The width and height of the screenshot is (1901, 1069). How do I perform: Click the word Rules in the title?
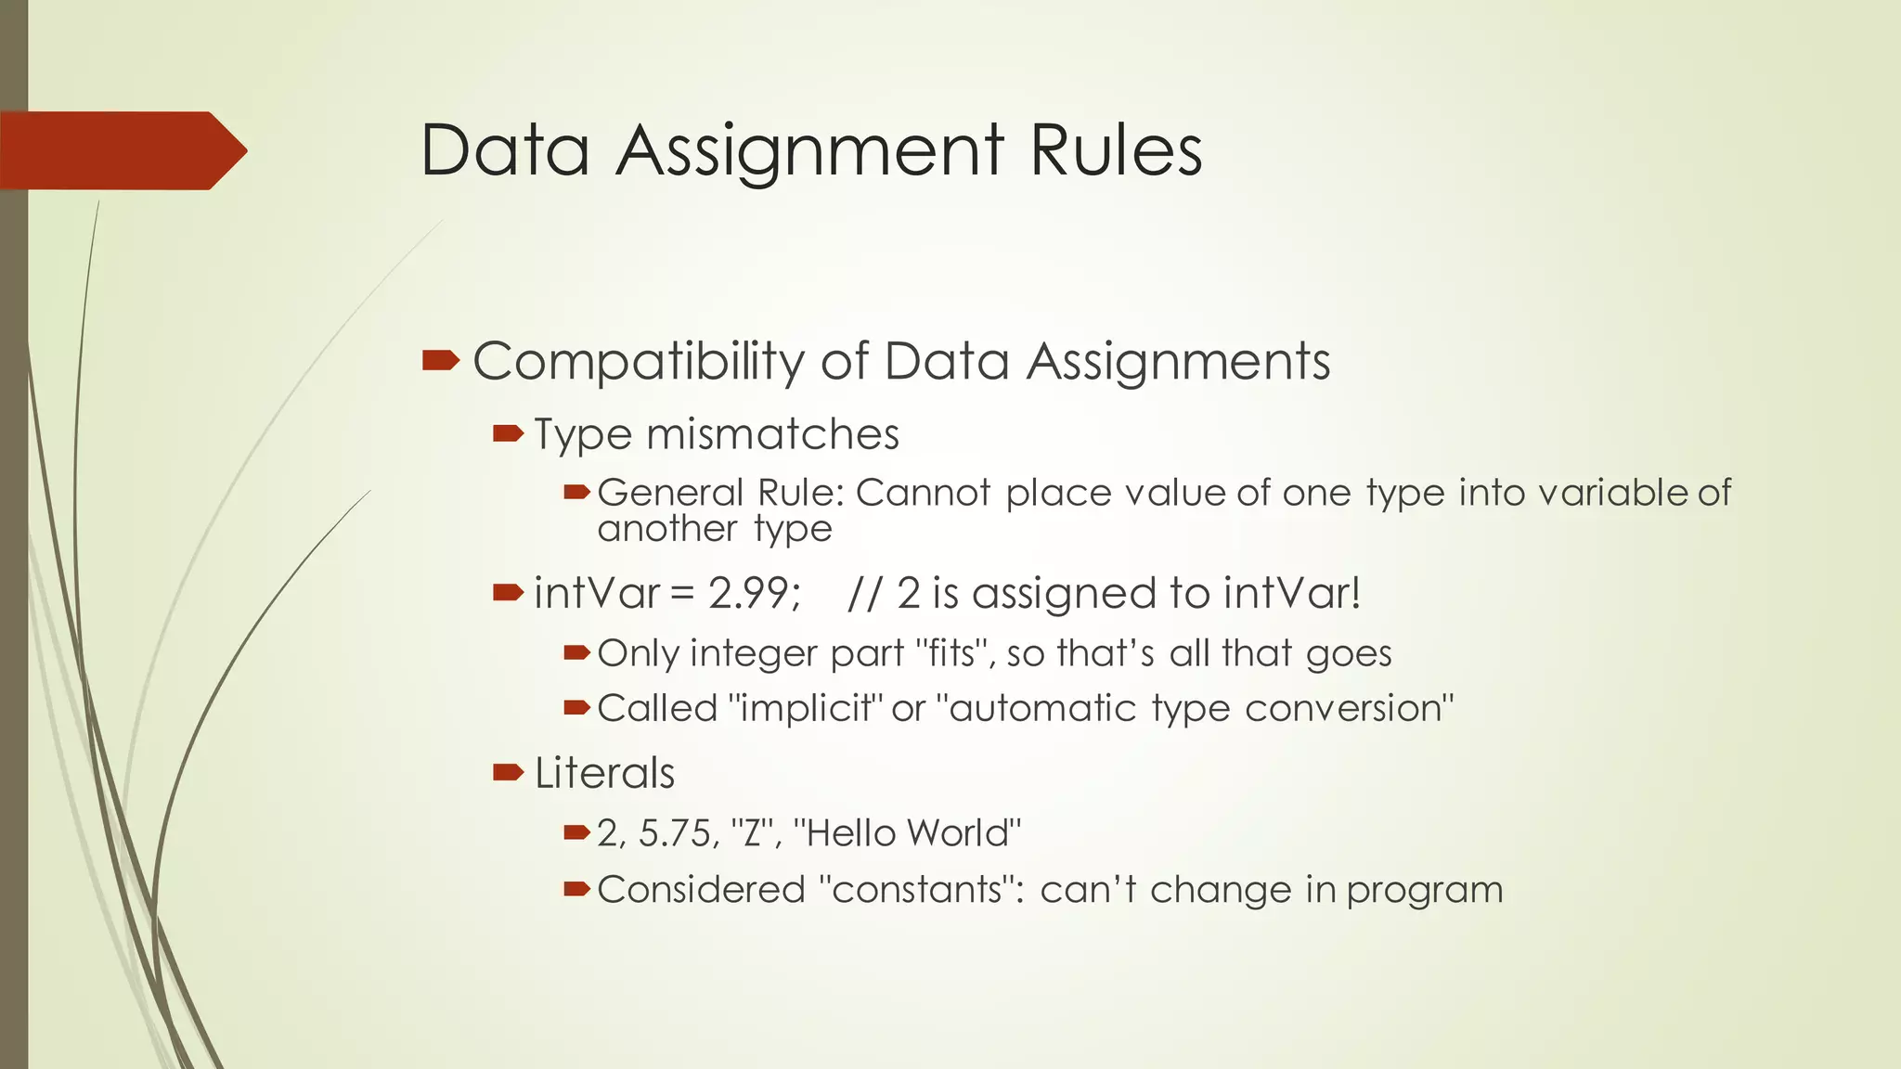1116,150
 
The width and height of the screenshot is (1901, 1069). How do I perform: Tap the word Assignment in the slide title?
808,152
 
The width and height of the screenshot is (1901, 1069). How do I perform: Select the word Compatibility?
639,362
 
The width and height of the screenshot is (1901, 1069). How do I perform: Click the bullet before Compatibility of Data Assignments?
440,360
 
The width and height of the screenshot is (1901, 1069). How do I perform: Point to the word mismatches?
773,434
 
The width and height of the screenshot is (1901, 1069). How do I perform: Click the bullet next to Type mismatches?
509,433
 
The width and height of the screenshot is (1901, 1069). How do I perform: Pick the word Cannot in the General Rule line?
923,493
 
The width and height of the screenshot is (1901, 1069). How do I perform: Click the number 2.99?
754,593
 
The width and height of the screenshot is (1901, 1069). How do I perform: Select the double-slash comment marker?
864,593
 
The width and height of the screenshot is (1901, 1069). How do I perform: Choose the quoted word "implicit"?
805,709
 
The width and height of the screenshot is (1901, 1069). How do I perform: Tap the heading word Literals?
604,773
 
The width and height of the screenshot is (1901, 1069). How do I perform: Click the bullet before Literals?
509,772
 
